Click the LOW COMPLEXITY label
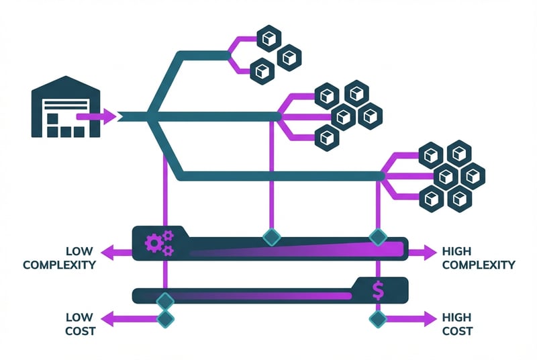pos(59,258)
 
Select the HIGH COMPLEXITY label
pos(479,258)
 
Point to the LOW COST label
pos(80,324)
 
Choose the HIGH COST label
pos(457,324)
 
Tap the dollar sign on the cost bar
pos(378,289)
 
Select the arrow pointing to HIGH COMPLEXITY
pos(423,253)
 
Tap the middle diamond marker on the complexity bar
pos(271,236)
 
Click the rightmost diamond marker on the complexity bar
pos(379,236)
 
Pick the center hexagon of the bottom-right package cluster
pos(446,176)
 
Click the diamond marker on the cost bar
pos(165,300)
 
